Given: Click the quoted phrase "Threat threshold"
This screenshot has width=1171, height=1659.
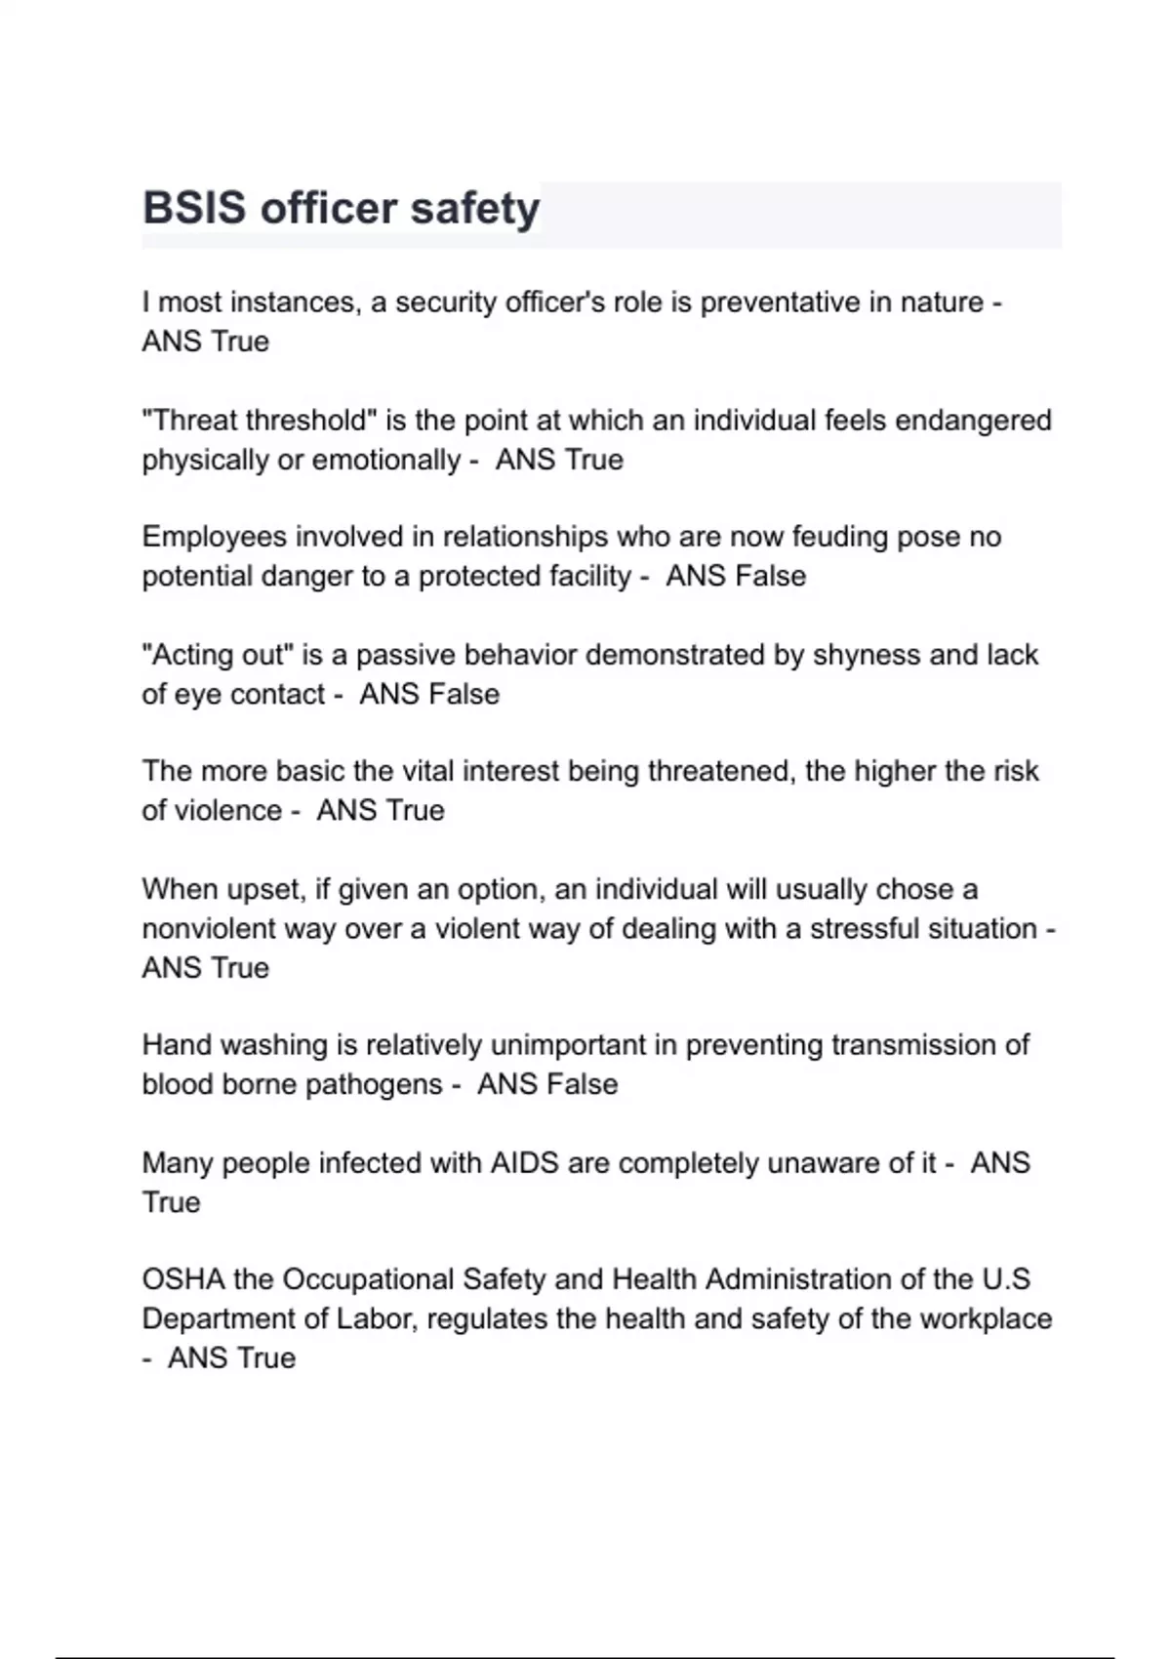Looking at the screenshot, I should pos(260,421).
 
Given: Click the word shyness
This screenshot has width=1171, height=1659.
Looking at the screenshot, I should pos(867,655).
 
